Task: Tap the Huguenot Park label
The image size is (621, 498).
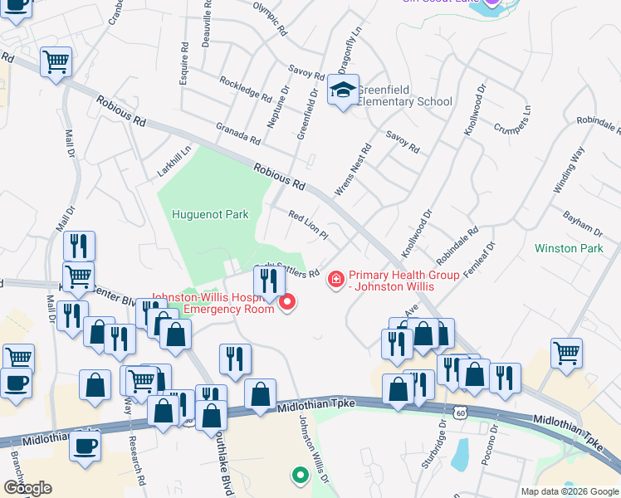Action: point(210,214)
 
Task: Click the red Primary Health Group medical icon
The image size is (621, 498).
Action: point(336,281)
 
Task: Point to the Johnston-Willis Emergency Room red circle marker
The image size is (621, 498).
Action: point(288,302)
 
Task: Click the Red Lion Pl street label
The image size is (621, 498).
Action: point(308,226)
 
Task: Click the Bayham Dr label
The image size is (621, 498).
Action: point(581,222)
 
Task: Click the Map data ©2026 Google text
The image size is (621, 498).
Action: point(570,491)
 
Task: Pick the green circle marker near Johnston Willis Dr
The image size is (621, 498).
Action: point(299,476)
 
